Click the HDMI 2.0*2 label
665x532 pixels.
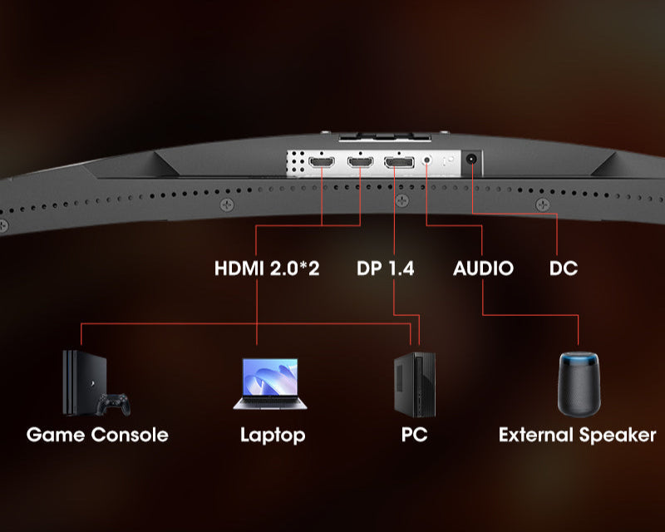[x=267, y=268]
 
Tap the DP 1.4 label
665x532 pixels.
[x=385, y=268]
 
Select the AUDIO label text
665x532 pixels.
[x=483, y=268]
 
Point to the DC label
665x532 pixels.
[x=564, y=268]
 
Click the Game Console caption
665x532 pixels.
[x=97, y=435]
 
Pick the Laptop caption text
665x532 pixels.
[x=273, y=435]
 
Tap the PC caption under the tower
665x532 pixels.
[x=413, y=435]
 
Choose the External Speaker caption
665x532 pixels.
[x=577, y=435]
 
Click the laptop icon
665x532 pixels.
[x=271, y=384]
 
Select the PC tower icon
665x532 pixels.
[x=414, y=384]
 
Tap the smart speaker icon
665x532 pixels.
[x=578, y=383]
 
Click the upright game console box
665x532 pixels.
[x=76, y=382]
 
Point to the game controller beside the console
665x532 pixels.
[x=115, y=405]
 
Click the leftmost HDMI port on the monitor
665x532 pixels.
[x=321, y=162]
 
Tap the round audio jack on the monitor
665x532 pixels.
[x=427, y=160]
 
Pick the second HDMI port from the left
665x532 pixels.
[x=360, y=162]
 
